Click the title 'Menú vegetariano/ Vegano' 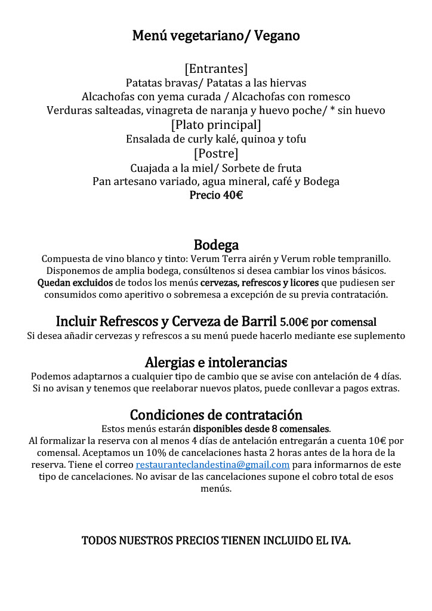216,36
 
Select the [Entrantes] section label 216,69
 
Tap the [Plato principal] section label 216,125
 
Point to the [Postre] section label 216,153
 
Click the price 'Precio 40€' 216,195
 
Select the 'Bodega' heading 216,245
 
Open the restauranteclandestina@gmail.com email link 212,464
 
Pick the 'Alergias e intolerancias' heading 216,362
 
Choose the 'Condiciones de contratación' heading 216,415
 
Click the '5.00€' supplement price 294,323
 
